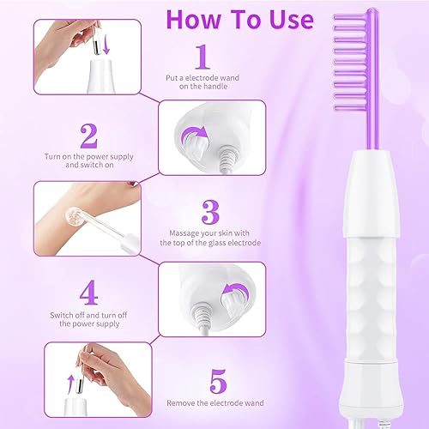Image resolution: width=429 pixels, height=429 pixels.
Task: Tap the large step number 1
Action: [x=203, y=58]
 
